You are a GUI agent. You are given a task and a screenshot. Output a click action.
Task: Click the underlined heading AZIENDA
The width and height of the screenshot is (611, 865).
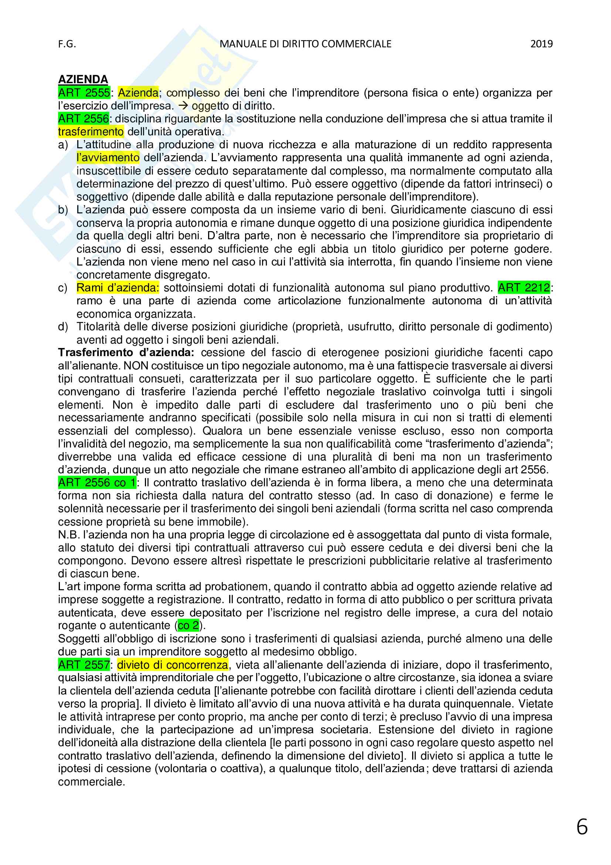pyautogui.click(x=83, y=80)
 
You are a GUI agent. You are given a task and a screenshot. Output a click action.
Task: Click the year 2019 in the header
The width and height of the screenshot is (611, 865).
pyautogui.click(x=542, y=44)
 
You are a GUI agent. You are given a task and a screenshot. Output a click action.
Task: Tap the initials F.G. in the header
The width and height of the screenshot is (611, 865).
pyautogui.click(x=67, y=44)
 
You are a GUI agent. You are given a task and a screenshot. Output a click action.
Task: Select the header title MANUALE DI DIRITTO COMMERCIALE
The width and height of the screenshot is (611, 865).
pyautogui.click(x=305, y=44)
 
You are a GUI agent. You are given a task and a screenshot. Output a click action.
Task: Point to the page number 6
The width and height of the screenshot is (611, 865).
pyautogui.click(x=582, y=827)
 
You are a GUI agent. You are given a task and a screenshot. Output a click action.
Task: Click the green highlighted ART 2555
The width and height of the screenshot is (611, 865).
pyautogui.click(x=84, y=93)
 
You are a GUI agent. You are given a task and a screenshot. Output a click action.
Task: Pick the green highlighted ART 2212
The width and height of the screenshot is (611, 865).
pyautogui.click(x=524, y=288)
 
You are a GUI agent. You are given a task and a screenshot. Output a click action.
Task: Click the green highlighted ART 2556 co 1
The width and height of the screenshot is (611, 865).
pyautogui.click(x=97, y=483)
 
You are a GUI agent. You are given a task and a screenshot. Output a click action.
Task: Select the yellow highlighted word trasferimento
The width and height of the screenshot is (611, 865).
pyautogui.click(x=90, y=132)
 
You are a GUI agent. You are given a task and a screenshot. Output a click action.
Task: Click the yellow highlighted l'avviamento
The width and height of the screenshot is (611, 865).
pyautogui.click(x=108, y=158)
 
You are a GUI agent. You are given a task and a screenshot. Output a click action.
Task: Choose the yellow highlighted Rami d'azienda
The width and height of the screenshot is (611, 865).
pyautogui.click(x=118, y=288)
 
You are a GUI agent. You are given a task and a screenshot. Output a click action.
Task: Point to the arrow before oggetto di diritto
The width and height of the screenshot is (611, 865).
pyautogui.click(x=184, y=106)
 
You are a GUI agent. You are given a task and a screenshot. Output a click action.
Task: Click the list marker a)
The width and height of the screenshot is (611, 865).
pyautogui.click(x=63, y=145)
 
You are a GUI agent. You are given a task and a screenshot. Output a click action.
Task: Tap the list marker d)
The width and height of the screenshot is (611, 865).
pyautogui.click(x=63, y=327)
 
